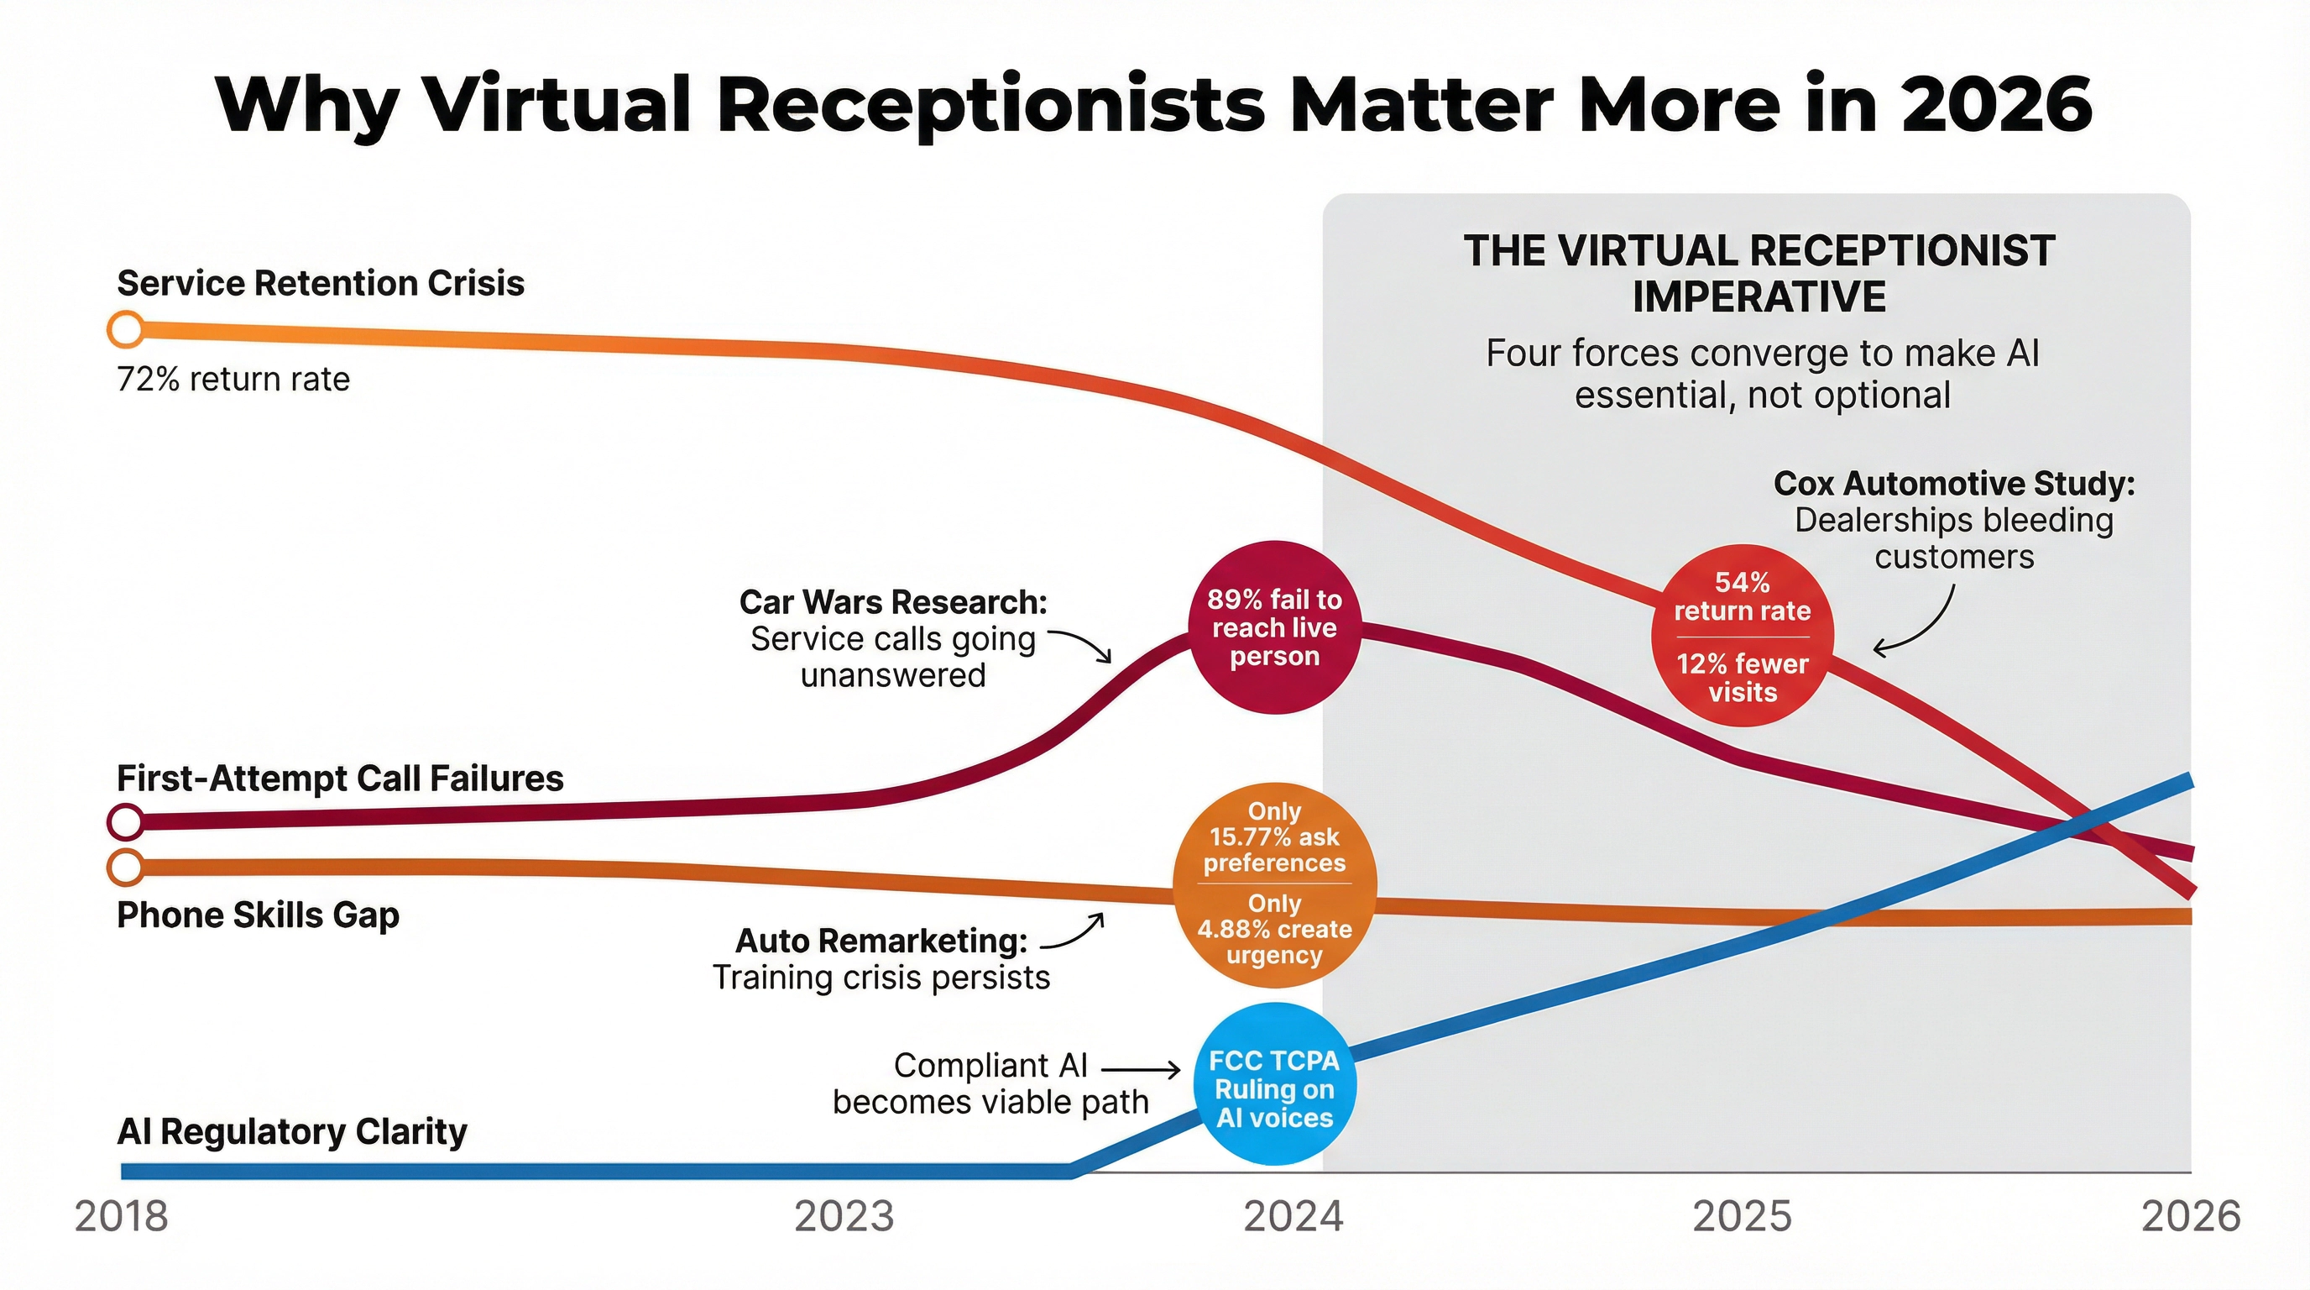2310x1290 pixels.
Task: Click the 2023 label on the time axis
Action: (x=844, y=1216)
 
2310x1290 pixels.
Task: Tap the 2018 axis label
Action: (x=121, y=1216)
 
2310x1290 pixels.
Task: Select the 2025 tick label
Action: (x=1742, y=1216)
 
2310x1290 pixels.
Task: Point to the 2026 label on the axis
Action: (x=2191, y=1216)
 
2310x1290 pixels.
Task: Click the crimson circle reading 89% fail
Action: (x=1274, y=627)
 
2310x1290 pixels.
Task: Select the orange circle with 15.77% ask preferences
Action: (x=1274, y=884)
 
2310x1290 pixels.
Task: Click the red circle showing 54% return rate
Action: (x=1742, y=636)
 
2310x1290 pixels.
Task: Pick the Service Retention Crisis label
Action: (x=320, y=284)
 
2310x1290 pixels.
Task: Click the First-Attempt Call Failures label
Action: (x=340, y=778)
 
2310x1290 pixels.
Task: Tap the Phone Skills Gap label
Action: (x=259, y=915)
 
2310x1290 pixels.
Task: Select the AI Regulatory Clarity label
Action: (x=291, y=1131)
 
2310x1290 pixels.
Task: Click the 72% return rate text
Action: (x=233, y=380)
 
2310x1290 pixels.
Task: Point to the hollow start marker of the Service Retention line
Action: (x=127, y=329)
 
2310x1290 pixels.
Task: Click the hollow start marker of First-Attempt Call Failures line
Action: (x=127, y=821)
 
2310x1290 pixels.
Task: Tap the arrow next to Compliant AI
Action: (x=1141, y=1069)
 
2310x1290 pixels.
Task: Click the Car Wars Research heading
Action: (x=893, y=602)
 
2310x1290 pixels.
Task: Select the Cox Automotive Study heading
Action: (x=1954, y=484)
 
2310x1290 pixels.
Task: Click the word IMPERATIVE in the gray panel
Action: (x=1759, y=297)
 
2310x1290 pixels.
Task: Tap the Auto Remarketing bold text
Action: (x=881, y=941)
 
